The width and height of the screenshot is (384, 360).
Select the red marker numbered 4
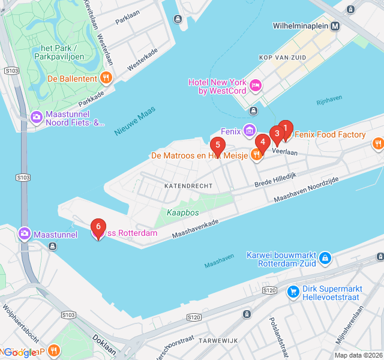tap(262, 143)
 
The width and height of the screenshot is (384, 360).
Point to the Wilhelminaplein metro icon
tap(335, 26)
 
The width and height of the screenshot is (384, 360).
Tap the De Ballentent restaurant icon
tap(106, 77)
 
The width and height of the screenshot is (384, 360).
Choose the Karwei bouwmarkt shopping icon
tap(325, 258)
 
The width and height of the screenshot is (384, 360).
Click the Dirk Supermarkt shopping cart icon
tap(293, 292)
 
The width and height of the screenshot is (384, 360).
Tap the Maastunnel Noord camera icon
tap(37, 116)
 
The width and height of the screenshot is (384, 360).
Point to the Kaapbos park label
tap(182, 212)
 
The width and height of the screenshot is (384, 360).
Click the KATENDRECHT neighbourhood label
tap(188, 186)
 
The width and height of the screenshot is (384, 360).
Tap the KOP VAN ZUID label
tap(282, 58)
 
